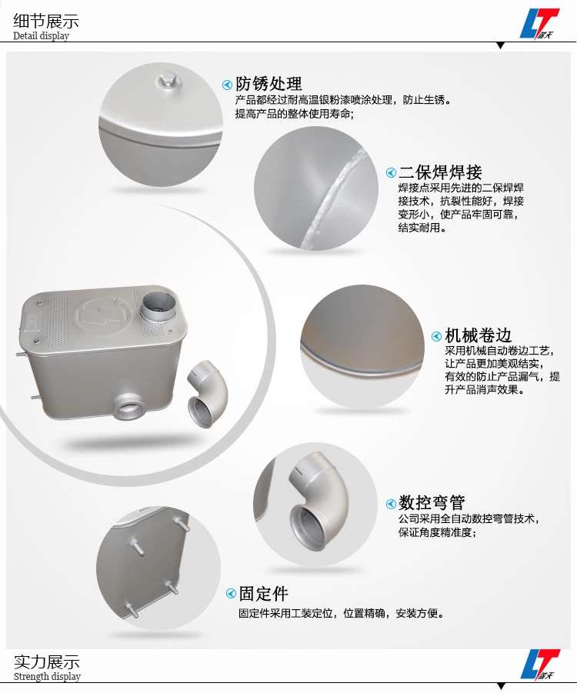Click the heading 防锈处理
268,84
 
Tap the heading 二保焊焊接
440,172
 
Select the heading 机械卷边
479,335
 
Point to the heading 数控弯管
432,502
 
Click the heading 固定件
264,594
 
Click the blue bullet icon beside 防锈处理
227,85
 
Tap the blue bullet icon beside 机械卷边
436,336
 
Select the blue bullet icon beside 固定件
231,594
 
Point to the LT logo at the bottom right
540,664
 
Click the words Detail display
41,36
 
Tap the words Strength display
47,676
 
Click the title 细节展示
46,21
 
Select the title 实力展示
47,661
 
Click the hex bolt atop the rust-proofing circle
167,82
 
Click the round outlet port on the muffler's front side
128,405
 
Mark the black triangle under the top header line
501,45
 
